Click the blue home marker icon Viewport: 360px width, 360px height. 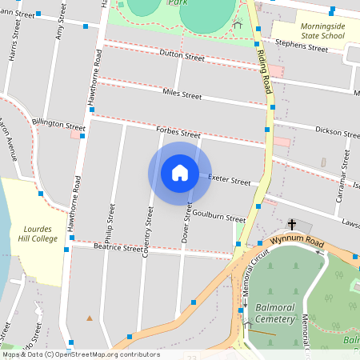point(179,172)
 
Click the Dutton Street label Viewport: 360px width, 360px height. point(182,55)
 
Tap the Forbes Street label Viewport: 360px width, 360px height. point(178,132)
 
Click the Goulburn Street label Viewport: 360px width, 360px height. point(219,217)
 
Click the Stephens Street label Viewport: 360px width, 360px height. point(302,46)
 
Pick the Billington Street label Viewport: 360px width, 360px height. point(58,125)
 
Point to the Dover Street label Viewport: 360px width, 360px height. point(187,223)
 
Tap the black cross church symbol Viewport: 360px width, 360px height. point(292,225)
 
